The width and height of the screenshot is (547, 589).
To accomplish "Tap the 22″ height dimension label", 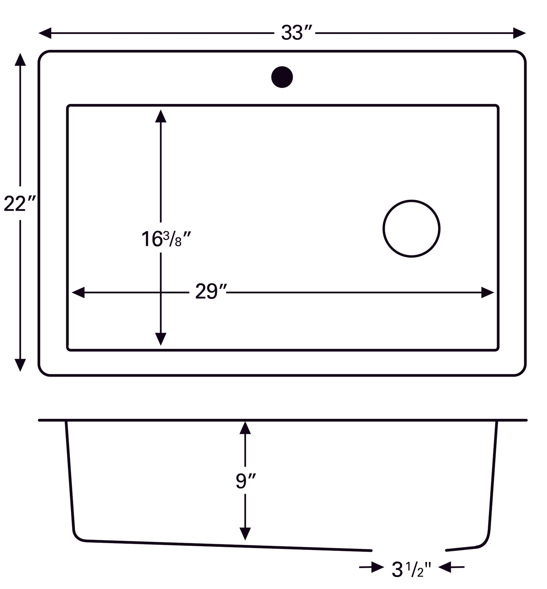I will click(19, 204).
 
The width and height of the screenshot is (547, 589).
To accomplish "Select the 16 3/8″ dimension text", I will click(166, 239).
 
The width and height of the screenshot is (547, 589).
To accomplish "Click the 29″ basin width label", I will click(211, 292).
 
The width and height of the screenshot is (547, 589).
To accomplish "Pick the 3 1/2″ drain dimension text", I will click(411, 570).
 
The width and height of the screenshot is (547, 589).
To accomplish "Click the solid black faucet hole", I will click(282, 77).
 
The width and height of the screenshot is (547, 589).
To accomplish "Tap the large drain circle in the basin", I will click(411, 229).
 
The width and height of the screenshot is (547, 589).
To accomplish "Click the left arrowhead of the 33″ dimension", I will click(45, 33).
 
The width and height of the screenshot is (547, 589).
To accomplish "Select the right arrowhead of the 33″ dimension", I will click(519, 33).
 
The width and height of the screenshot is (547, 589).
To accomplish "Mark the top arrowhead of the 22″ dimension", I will click(20, 60).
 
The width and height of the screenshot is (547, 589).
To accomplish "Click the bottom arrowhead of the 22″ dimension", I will click(20, 365).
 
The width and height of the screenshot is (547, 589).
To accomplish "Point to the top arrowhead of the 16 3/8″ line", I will click(161, 116).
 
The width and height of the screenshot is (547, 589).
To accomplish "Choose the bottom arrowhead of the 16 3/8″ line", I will click(161, 339).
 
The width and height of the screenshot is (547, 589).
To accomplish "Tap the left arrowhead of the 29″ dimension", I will click(78, 292).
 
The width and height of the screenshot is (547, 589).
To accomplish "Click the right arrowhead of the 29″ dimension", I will click(487, 292).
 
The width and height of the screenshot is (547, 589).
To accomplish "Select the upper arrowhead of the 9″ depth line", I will click(245, 428).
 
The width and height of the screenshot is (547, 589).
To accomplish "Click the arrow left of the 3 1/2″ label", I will click(376, 567).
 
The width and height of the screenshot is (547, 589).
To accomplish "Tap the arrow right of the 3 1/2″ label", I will click(445, 567).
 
